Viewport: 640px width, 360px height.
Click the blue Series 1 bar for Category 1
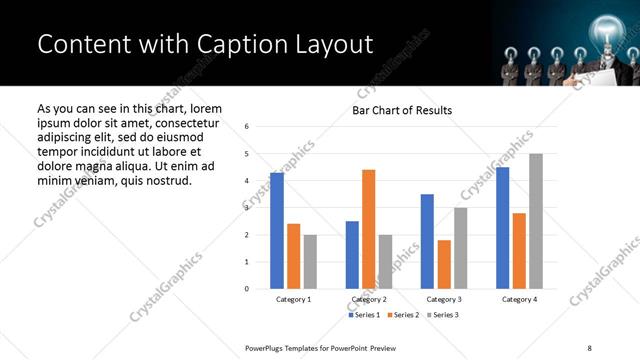pyautogui.click(x=277, y=231)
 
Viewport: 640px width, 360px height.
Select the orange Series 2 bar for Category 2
pyautogui.click(x=368, y=229)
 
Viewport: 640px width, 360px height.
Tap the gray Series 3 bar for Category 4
pyautogui.click(x=536, y=221)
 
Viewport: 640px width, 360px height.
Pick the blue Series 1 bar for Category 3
pyautogui.click(x=427, y=241)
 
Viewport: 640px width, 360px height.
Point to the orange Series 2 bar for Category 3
pyautogui.click(x=444, y=264)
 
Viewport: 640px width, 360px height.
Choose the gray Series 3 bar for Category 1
pyautogui.click(x=310, y=262)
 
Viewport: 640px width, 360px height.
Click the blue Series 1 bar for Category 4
pyautogui.click(x=502, y=228)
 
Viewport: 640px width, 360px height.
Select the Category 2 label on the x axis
pyautogui.click(x=369, y=299)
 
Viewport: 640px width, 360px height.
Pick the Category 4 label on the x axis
pyautogui.click(x=519, y=299)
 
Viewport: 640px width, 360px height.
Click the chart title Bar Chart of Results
pyautogui.click(x=401, y=110)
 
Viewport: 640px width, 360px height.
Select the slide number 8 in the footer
pyautogui.click(x=588, y=347)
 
